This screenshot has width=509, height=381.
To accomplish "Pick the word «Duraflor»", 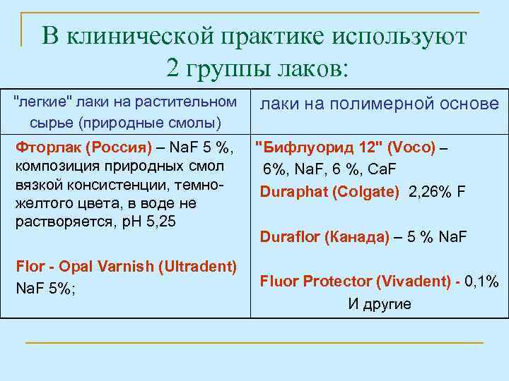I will click(x=289, y=236).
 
